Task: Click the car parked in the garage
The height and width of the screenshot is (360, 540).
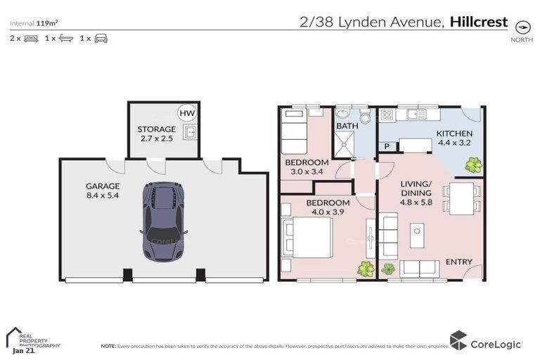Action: pyautogui.click(x=163, y=222)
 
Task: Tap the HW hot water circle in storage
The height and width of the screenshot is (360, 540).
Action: pyautogui.click(x=186, y=113)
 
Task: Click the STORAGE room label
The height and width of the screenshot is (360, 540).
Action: pyautogui.click(x=156, y=134)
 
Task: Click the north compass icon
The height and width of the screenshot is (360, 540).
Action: pyautogui.click(x=522, y=27)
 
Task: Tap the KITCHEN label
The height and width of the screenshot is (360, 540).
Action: pyautogui.click(x=454, y=139)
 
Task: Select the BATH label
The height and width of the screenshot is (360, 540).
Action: pyautogui.click(x=347, y=127)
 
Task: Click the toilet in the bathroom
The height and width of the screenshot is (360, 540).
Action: pyautogui.click(x=365, y=117)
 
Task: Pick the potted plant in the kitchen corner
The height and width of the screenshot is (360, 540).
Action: pyautogui.click(x=473, y=165)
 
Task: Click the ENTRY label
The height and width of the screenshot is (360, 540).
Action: pyautogui.click(x=458, y=262)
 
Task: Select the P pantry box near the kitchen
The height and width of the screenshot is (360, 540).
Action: pyautogui.click(x=387, y=146)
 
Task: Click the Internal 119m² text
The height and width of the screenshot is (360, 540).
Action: pyautogui.click(x=34, y=22)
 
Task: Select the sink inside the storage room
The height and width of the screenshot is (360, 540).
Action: pyautogui.click(x=188, y=131)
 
